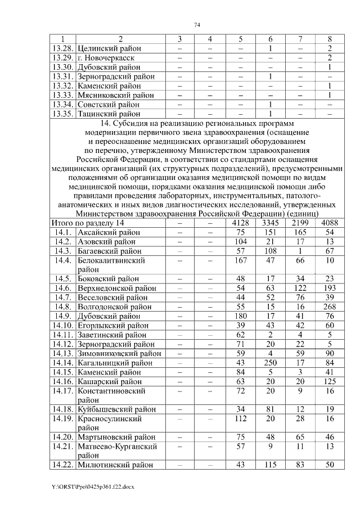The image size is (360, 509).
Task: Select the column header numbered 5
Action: [x=240, y=39]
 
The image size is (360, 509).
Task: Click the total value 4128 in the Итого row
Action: [x=240, y=223]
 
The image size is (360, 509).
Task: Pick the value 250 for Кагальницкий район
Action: [x=271, y=362]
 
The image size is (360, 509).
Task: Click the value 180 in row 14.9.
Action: [x=240, y=316]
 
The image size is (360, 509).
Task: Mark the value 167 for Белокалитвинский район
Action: [x=240, y=260]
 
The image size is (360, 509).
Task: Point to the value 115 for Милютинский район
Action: [x=271, y=465]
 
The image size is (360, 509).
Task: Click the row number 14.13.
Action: [x=62, y=353]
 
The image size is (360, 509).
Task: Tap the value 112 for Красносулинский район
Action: [x=240, y=418]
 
